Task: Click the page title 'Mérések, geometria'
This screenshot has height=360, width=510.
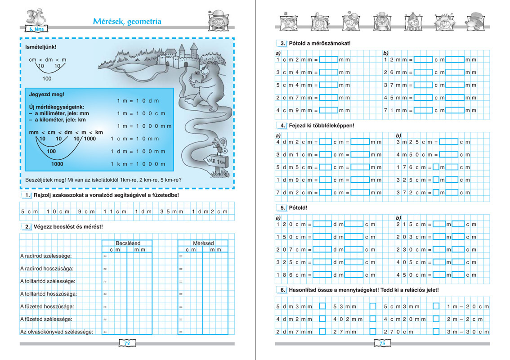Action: pos(127,21)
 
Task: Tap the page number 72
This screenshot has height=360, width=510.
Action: pos(127,343)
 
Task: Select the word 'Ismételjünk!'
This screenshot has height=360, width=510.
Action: pos(37,46)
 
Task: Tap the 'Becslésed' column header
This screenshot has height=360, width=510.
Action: pos(128,243)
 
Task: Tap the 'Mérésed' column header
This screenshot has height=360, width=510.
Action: pos(203,243)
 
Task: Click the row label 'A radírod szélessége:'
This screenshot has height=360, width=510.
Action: pos(46,256)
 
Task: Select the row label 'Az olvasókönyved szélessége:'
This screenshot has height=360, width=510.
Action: pos(57,332)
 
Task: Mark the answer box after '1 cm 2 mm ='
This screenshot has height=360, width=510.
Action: pos(328,60)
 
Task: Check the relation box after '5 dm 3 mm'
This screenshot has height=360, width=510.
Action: pos(322,306)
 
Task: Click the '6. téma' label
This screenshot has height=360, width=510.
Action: pos(36,29)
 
